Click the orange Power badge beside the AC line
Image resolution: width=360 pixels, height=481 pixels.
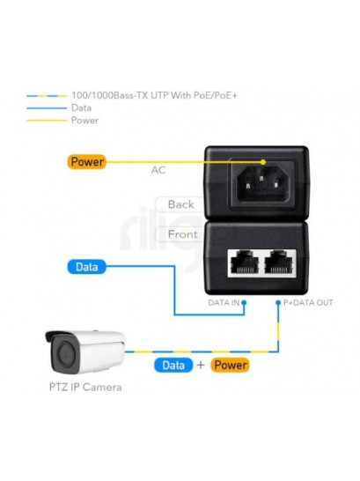[x=87, y=162]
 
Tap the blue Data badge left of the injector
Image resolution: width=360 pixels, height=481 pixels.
[x=87, y=267]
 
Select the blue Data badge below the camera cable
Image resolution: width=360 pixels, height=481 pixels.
[x=173, y=365]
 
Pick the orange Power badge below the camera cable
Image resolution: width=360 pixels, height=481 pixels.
[x=230, y=365]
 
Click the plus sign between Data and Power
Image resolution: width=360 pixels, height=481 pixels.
[x=201, y=365]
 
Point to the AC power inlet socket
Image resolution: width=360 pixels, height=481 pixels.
[x=262, y=181]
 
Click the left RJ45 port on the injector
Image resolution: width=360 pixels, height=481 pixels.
[x=245, y=262]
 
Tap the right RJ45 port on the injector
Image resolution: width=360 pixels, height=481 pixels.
[x=278, y=262]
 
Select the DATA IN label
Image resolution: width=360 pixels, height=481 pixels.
[x=224, y=303]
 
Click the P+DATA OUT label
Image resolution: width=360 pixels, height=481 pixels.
[x=308, y=303]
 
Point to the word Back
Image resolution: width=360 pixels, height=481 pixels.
[x=180, y=204]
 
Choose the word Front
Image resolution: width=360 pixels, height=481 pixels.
[x=182, y=234]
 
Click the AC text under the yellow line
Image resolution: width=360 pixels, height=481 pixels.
[x=158, y=170]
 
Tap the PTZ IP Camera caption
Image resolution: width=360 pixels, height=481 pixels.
[x=85, y=387]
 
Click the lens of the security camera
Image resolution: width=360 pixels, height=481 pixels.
[x=65, y=353]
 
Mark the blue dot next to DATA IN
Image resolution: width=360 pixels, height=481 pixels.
[x=244, y=302]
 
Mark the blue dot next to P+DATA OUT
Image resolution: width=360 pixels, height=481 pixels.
[x=278, y=302]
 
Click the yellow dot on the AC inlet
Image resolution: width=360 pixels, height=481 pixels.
[x=263, y=162]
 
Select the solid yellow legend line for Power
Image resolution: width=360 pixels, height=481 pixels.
[x=47, y=120]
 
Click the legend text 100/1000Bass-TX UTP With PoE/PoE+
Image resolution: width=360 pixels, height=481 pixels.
[x=155, y=95]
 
